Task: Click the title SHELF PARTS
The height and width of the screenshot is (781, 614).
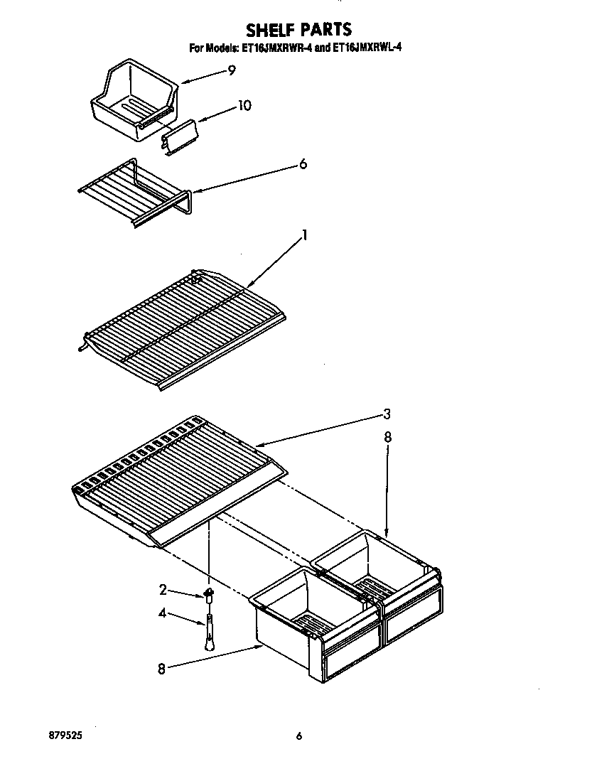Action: point(298,29)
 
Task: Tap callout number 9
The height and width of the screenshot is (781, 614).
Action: point(232,70)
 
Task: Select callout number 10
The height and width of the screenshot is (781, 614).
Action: point(244,106)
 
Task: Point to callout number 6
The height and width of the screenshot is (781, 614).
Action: point(303,164)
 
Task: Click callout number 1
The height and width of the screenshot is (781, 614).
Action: point(305,234)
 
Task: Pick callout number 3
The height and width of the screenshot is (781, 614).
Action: point(387,414)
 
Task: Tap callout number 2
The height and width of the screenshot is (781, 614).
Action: point(163,589)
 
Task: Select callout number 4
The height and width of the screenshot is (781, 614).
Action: point(163,613)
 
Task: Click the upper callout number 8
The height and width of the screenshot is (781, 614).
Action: point(387,438)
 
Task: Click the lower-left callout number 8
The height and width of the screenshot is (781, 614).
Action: point(161,668)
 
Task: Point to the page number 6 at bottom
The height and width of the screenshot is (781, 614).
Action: point(299,737)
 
